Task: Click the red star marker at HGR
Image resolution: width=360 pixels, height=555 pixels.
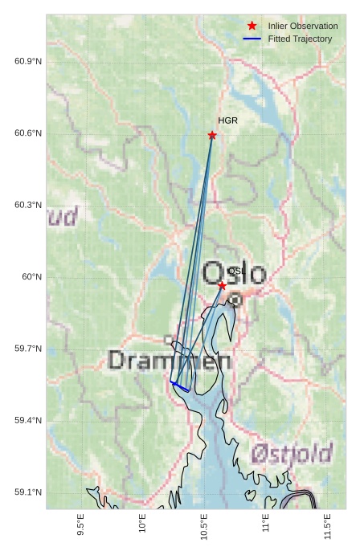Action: coord(212,135)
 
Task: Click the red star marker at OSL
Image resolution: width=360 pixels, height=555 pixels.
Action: coord(222,285)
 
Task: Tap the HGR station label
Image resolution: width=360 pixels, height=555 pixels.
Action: coord(227,120)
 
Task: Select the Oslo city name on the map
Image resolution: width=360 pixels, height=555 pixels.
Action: coord(234,273)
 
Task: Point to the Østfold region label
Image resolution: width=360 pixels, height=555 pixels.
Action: coord(290,455)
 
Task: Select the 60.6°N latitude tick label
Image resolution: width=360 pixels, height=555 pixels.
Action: coord(28,133)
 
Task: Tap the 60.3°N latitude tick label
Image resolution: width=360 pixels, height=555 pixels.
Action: coord(28,205)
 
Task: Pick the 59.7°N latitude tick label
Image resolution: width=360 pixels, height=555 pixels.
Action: coord(28,349)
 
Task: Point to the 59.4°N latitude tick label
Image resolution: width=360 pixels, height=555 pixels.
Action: coord(28,421)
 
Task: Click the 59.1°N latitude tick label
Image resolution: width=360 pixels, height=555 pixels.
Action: coord(28,492)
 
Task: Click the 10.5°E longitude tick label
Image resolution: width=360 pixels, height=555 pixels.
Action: coord(204,525)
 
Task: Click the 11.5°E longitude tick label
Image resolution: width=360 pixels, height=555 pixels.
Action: coord(327,525)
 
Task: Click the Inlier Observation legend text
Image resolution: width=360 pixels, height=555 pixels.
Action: coord(303,26)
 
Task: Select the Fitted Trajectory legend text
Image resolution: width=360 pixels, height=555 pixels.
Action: coord(300,39)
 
